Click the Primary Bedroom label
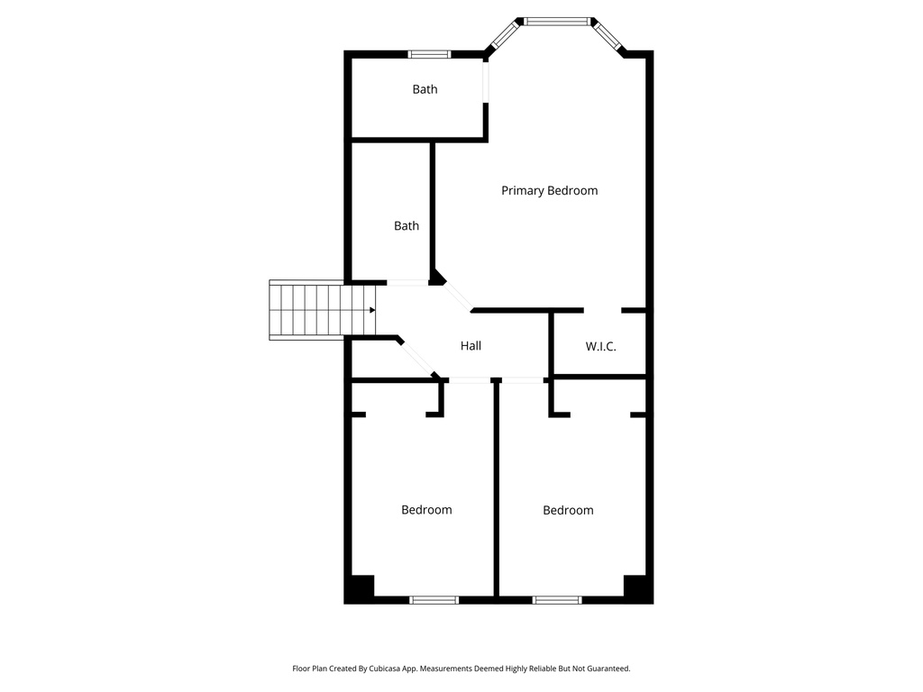click(549, 190)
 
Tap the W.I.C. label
click(600, 346)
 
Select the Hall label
click(471, 346)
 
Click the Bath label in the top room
click(425, 89)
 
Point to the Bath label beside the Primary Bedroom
click(406, 226)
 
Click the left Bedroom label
click(426, 510)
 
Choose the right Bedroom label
click(568, 510)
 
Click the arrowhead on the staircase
click(371, 310)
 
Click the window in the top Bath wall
click(430, 54)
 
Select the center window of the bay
click(557, 21)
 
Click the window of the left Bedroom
click(434, 599)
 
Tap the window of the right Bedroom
click(557, 599)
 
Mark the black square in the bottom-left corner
click(361, 587)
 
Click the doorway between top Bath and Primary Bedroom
click(486, 82)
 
